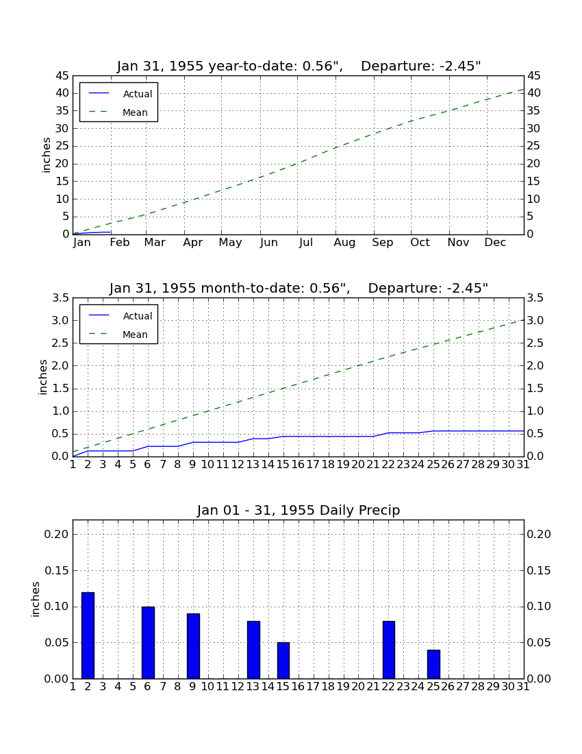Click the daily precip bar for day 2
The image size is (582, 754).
(x=88, y=635)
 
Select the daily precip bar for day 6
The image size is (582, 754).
(x=148, y=642)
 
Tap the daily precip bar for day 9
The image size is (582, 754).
(x=193, y=646)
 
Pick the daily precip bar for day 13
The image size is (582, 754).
(x=253, y=650)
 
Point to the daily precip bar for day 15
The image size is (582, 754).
(x=283, y=660)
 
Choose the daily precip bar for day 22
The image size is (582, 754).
(x=388, y=650)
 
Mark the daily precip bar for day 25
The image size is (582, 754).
(x=433, y=664)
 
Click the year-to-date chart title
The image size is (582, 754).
(x=299, y=66)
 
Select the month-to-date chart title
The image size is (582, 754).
(x=299, y=289)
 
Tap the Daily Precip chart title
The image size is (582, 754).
(x=299, y=510)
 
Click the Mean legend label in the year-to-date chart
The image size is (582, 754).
(x=135, y=112)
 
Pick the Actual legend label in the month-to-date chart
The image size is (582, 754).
(x=138, y=316)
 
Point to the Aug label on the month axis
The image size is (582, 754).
(x=345, y=243)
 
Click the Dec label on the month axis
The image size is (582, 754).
(x=495, y=243)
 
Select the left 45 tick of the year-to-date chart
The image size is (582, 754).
(x=62, y=76)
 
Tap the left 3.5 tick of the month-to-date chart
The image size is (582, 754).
(x=60, y=298)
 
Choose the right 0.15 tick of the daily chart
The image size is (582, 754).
(x=539, y=571)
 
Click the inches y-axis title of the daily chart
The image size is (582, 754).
(x=35, y=599)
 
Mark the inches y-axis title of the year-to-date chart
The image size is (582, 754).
(x=46, y=156)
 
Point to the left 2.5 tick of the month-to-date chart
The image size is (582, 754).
(x=60, y=343)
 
